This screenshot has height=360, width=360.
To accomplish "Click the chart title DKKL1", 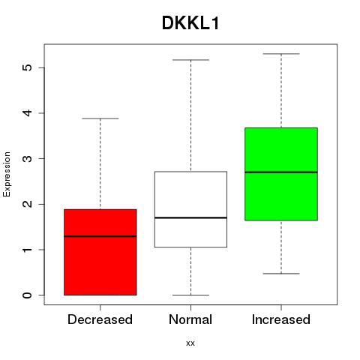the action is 190,23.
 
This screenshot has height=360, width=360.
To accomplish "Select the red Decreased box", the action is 100,252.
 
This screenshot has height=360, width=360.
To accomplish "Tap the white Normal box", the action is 190,209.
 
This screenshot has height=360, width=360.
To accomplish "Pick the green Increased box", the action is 281,174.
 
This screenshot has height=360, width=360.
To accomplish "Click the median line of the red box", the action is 100,236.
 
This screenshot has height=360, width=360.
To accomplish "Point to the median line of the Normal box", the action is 190,217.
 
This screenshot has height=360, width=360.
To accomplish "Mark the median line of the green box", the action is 281,172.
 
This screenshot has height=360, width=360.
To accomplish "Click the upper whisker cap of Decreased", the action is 100,118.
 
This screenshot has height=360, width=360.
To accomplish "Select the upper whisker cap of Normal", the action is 190,60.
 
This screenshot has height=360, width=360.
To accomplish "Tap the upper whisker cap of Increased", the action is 281,54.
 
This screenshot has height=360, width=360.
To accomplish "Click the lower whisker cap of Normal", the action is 190,295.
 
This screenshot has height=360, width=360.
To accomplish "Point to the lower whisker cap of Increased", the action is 281,274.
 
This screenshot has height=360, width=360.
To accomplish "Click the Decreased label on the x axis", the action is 100,319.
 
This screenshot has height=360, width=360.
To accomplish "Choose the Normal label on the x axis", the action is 190,319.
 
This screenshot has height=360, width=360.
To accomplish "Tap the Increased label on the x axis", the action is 281,319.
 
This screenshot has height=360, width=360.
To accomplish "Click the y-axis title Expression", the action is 7,174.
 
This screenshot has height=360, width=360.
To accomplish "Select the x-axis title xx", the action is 190,343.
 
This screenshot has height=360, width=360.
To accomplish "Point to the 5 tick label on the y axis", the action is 27,67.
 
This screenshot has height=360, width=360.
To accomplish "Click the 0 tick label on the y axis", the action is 27,295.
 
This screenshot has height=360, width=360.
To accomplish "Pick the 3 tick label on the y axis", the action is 27,158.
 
